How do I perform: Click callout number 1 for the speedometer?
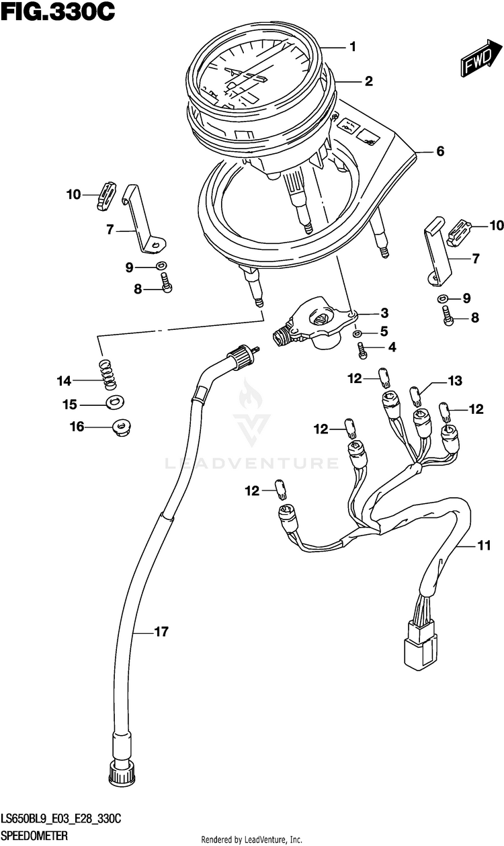pyautogui.click(x=353, y=47)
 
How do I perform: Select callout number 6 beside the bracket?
pyautogui.click(x=440, y=151)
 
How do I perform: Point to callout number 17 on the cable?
pyautogui.click(x=161, y=632)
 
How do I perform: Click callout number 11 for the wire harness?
pyautogui.click(x=484, y=546)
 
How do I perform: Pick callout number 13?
pyautogui.click(x=455, y=381)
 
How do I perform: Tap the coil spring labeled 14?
pyautogui.click(x=108, y=375)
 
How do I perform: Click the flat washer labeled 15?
pyautogui.click(x=116, y=403)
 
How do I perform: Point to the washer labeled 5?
pyautogui.click(x=357, y=333)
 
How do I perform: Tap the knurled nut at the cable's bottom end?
pyautogui.click(x=121, y=775)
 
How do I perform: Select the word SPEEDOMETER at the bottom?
pyautogui.click(x=34, y=835)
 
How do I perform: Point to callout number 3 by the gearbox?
pyautogui.click(x=384, y=313)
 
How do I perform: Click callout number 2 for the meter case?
pyautogui.click(x=369, y=81)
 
